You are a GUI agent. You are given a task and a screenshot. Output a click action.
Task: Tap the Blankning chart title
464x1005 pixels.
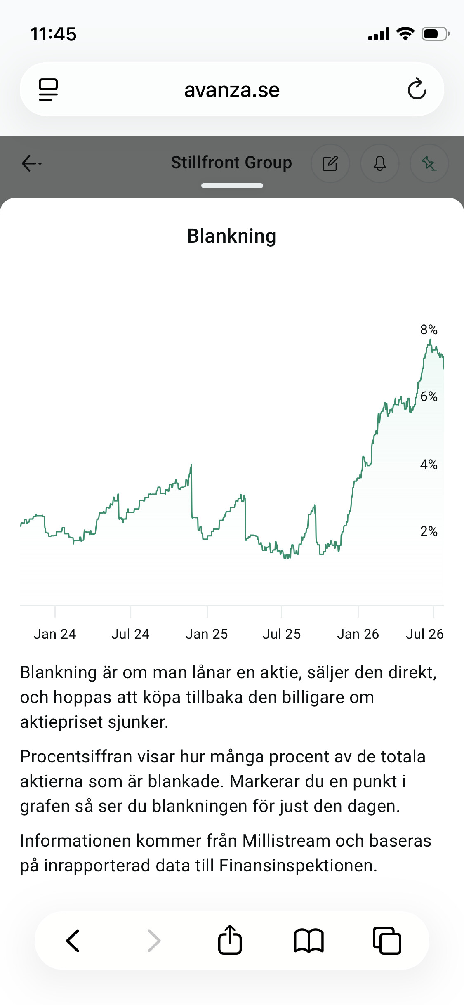[232, 236]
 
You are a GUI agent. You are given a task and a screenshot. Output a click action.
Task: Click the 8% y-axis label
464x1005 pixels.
[429, 330]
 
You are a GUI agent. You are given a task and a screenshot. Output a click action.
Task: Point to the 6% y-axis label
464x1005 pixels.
[429, 396]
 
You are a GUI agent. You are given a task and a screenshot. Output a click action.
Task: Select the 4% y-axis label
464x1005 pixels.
[429, 465]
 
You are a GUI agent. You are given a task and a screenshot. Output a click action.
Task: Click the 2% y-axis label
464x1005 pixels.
[429, 531]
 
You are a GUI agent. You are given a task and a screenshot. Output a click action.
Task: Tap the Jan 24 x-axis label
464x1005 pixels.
[55, 634]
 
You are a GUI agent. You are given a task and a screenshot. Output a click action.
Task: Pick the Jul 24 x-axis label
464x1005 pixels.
[130, 634]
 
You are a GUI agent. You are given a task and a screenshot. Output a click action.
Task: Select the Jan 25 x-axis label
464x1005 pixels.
[207, 634]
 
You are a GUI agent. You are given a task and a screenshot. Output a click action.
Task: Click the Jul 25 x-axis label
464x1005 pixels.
[282, 634]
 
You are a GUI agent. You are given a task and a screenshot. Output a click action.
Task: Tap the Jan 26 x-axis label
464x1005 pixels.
[358, 634]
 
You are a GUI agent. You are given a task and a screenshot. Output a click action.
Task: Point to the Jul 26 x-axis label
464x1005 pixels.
[425, 634]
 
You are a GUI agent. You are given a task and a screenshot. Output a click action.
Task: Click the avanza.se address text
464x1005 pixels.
[232, 90]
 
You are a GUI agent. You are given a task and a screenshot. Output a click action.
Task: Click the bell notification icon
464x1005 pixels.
[380, 163]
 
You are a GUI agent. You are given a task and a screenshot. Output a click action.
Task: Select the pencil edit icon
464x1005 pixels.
[330, 163]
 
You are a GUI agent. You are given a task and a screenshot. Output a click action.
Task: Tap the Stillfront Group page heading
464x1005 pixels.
[232, 163]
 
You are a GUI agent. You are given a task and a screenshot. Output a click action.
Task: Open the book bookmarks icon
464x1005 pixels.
[309, 941]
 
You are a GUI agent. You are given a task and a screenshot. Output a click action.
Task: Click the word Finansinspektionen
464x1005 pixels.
[298, 866]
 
